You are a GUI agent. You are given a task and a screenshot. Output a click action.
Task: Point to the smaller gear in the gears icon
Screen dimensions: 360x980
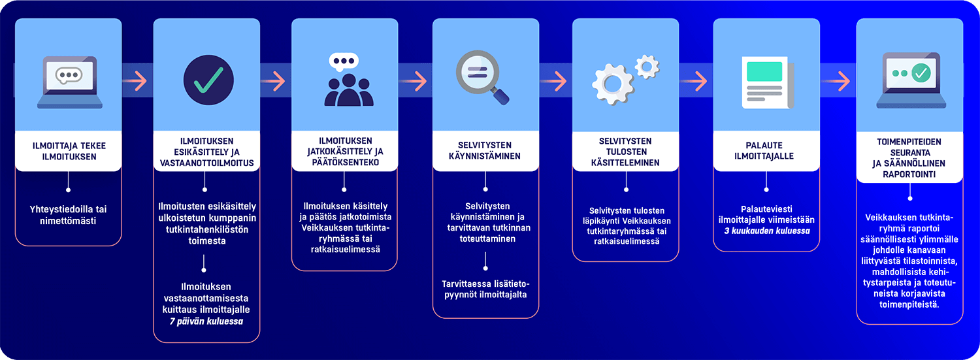[647, 65]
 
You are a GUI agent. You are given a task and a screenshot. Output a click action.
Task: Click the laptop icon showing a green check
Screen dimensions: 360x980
[909, 80]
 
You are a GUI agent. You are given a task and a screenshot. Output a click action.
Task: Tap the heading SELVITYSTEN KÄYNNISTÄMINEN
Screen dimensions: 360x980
[484, 151]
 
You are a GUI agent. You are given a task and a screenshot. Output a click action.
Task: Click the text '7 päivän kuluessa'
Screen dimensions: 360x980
[206, 321]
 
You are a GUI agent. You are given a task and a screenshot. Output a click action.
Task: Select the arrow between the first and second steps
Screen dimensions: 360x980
[137, 80]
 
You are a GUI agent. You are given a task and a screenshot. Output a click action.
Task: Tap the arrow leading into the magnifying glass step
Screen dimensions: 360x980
[416, 80]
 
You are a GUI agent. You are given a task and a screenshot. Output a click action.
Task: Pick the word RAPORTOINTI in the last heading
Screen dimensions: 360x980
[910, 174]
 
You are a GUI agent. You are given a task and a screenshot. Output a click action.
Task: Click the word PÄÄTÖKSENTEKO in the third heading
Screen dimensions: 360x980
[344, 162]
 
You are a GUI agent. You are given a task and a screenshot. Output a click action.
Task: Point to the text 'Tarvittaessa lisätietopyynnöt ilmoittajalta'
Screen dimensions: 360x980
[485, 289]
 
